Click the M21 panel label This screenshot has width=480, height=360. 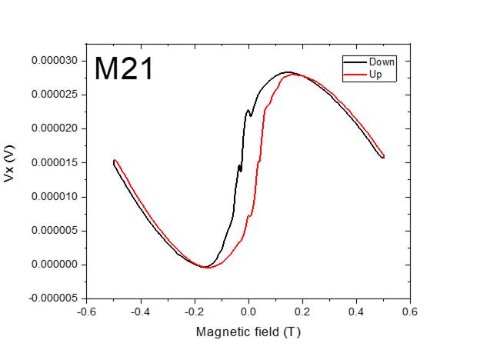[124, 69]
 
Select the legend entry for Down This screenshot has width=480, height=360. [382, 62]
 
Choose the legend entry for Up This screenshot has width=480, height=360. [376, 75]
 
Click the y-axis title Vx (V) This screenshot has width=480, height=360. [10, 166]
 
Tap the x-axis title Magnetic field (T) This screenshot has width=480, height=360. [248, 332]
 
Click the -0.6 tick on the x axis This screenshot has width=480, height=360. [86, 312]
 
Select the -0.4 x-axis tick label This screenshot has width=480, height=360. [140, 312]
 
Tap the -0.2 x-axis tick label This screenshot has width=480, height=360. [194, 312]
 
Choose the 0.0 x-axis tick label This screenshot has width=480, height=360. [248, 312]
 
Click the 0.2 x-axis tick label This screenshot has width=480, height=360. [302, 312]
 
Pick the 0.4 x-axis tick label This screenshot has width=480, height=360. [356, 312]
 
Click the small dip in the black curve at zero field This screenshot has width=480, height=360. [250, 115]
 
